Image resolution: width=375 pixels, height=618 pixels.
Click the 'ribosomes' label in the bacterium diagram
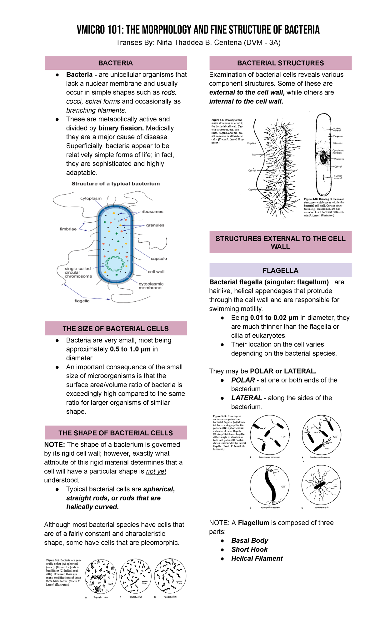152,212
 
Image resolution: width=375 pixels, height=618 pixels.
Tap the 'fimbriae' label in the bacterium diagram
68,229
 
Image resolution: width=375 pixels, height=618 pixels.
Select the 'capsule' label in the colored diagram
159,259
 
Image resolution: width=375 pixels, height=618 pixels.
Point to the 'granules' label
155,225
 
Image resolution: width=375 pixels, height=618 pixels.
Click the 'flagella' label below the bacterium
82,301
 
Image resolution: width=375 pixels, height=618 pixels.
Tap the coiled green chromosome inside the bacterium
115,263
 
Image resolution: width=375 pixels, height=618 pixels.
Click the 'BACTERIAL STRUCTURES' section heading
280,63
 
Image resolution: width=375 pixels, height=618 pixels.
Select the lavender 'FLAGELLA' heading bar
280,270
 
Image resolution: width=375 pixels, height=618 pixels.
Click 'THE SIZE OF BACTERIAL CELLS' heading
115,328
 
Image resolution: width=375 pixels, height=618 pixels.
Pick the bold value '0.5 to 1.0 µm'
130,349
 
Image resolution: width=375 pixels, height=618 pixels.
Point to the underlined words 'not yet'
156,471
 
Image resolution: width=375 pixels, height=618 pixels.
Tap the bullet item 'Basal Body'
249,540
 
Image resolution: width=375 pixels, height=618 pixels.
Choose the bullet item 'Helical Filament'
257,558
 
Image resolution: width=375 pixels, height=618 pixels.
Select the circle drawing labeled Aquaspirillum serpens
270,485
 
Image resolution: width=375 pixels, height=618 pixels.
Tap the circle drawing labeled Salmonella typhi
321,485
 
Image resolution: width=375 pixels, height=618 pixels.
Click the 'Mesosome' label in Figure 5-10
339,159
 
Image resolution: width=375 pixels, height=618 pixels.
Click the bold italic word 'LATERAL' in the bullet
247,398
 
